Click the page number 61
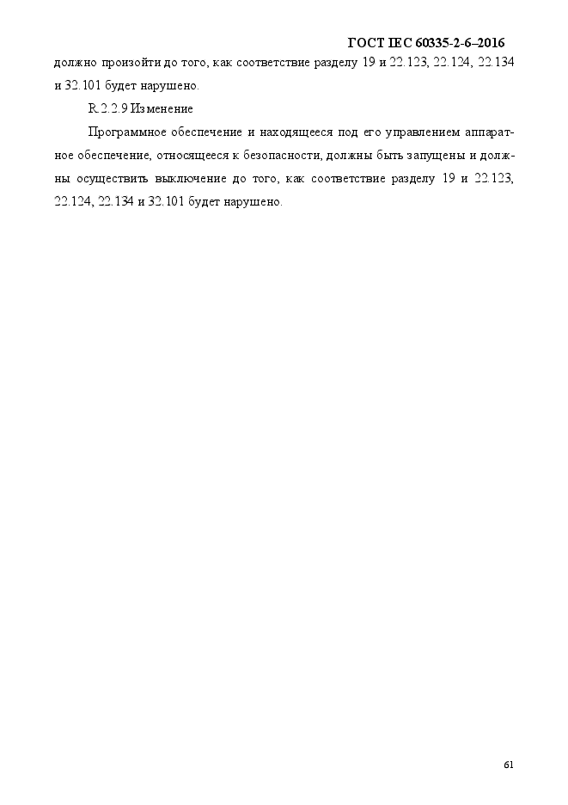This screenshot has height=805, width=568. coord(509,766)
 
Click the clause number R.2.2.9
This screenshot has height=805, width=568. coord(107,109)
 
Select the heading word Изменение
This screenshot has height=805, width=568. coord(162,109)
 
